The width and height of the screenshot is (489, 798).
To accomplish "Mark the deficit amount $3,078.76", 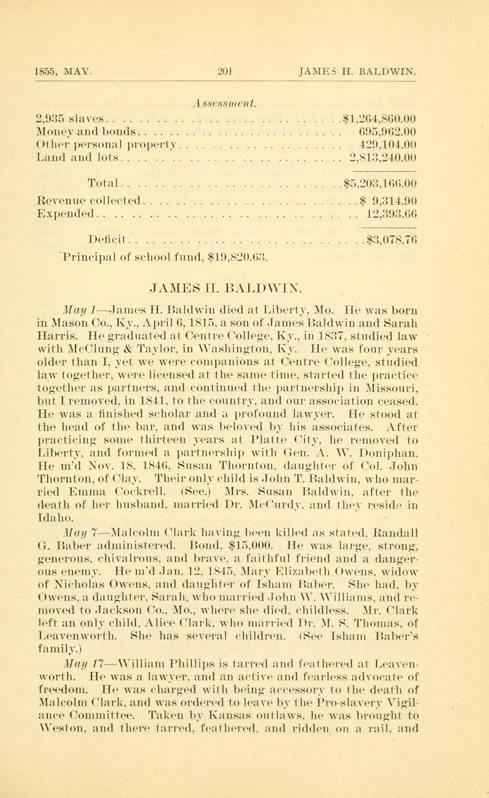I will (391, 240).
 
